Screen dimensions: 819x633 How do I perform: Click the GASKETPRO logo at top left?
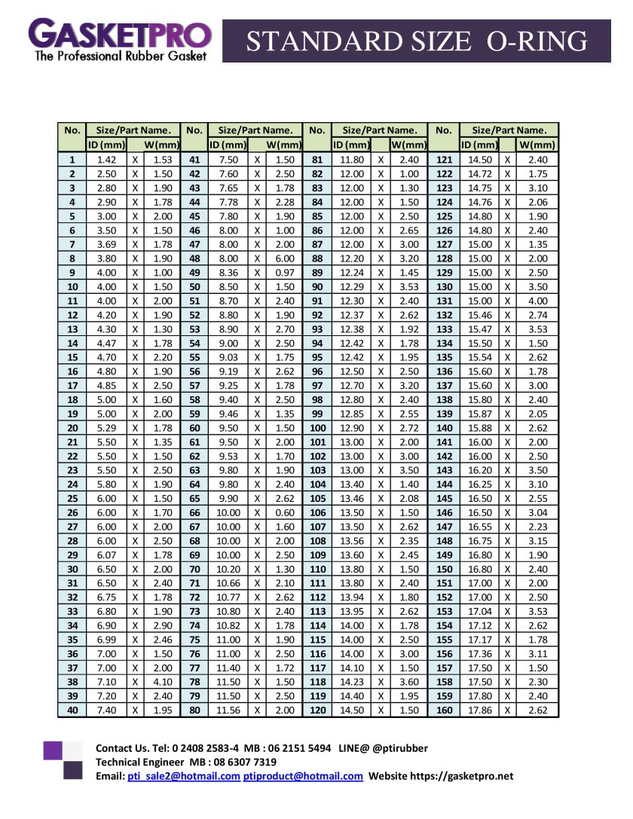[120, 39]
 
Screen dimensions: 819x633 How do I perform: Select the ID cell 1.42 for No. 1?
[106, 160]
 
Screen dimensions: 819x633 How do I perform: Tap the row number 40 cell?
[72, 710]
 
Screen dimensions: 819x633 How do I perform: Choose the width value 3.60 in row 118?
[408, 681]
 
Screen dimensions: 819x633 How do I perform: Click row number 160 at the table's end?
[444, 710]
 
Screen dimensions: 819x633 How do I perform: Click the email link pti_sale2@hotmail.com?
[183, 776]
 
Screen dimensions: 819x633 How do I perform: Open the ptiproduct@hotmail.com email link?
[303, 776]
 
